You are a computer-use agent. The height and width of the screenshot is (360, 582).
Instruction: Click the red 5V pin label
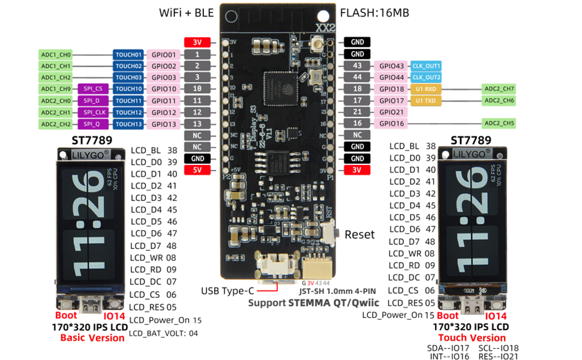click(x=197, y=170)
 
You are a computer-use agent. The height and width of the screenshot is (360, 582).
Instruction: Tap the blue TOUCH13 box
click(x=128, y=124)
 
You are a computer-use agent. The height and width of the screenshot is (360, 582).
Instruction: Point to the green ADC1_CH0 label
click(x=56, y=55)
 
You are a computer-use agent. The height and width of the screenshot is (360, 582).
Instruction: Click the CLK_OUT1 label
click(x=426, y=66)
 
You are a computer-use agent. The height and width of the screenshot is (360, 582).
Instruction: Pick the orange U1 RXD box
click(x=426, y=89)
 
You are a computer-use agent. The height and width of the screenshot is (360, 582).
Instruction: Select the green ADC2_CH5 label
click(x=499, y=124)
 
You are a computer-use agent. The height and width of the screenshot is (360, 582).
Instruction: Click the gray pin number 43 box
click(x=358, y=66)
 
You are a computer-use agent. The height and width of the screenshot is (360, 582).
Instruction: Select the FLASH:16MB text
click(x=374, y=13)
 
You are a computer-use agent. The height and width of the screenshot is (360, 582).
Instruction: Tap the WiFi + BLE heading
click(x=186, y=13)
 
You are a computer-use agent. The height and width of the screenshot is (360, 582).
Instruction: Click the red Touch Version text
click(x=471, y=338)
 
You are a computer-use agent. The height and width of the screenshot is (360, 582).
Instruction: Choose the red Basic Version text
click(x=92, y=338)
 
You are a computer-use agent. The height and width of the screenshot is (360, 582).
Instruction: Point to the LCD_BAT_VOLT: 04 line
click(x=163, y=333)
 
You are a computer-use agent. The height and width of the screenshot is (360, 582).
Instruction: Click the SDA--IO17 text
click(x=448, y=348)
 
